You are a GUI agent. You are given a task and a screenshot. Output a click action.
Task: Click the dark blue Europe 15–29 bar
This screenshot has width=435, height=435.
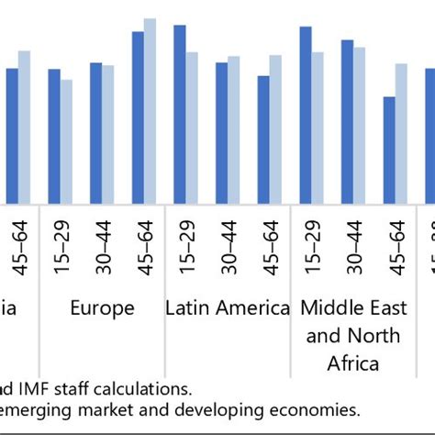coord(54,137)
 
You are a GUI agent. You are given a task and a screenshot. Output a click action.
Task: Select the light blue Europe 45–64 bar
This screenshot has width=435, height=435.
coord(150,111)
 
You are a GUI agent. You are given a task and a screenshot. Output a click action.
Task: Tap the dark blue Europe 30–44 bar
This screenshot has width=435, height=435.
coord(95,133)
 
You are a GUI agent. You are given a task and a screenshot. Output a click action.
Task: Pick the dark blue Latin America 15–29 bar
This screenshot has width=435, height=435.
coord(180,115)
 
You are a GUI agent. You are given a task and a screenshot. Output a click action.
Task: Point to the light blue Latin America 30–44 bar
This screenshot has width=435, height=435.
coord(234,130)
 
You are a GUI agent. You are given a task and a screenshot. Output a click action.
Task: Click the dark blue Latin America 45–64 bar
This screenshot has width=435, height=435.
coord(263,139)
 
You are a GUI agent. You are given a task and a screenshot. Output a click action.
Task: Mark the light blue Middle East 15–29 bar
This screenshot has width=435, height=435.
coord(318,128)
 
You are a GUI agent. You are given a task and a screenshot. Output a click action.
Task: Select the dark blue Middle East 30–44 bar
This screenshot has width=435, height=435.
coord(347,122)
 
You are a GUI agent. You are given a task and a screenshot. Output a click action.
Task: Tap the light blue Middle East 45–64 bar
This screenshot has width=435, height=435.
coord(401,134)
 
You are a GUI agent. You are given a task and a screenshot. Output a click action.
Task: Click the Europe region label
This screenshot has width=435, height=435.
coord(102,308)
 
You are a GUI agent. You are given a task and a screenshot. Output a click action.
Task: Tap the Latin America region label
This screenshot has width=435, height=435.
coord(228,308)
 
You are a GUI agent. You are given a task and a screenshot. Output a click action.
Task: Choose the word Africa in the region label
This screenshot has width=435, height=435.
coord(353,363)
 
